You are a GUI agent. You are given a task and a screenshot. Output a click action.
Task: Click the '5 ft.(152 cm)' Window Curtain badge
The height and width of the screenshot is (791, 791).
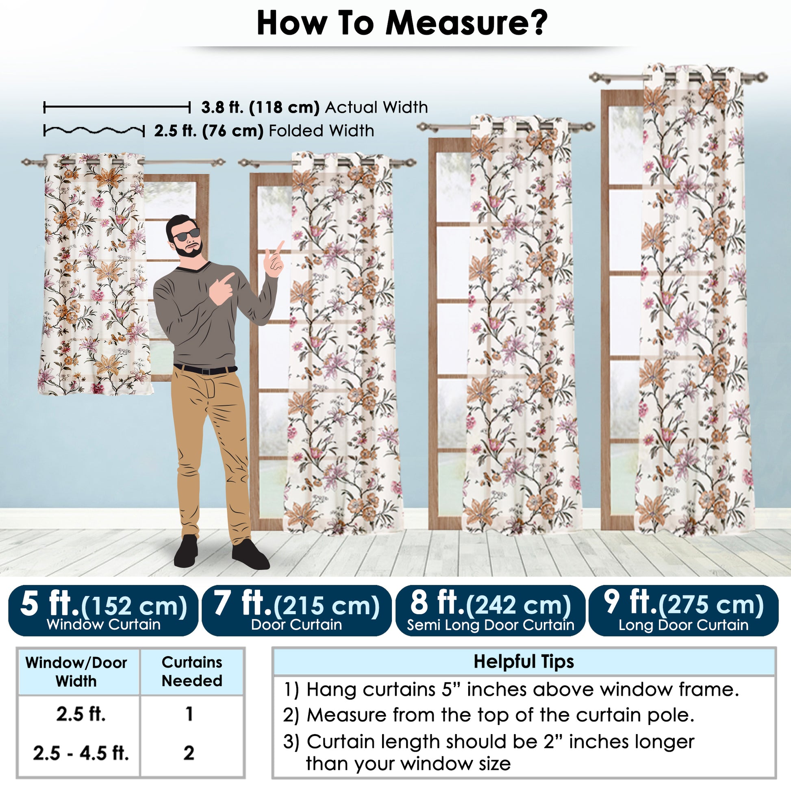pyautogui.click(x=103, y=611)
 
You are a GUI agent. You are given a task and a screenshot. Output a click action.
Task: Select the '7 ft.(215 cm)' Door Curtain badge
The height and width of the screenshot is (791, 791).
pyautogui.click(x=296, y=611)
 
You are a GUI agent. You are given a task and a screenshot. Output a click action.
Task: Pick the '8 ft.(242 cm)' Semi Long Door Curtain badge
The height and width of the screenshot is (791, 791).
pyautogui.click(x=490, y=611)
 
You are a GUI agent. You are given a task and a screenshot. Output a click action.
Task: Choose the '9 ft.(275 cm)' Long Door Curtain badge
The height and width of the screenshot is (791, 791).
pyautogui.click(x=683, y=611)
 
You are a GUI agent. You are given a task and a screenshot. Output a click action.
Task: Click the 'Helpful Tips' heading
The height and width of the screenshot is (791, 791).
pyautogui.click(x=524, y=661)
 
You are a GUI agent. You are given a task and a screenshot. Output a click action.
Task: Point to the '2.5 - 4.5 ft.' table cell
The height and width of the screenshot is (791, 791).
pyautogui.click(x=80, y=753)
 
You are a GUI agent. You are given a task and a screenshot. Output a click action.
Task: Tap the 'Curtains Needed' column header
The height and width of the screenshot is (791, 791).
pyautogui.click(x=192, y=671)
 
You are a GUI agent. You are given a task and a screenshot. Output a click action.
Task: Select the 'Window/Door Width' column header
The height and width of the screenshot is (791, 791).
pyautogui.click(x=76, y=672)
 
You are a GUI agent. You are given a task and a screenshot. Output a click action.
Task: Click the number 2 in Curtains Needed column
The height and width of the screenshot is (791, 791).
pyautogui.click(x=189, y=753)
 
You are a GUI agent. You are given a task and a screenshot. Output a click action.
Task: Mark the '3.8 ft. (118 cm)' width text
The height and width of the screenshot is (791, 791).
pyautogui.click(x=261, y=107)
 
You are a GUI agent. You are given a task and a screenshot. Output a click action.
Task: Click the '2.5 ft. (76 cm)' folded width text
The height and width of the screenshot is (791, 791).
pyautogui.click(x=209, y=131)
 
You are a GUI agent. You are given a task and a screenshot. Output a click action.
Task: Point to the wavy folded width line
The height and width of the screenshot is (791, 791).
pyautogui.click(x=94, y=131)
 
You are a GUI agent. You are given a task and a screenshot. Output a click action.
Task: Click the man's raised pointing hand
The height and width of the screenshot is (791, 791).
pyautogui.click(x=274, y=261)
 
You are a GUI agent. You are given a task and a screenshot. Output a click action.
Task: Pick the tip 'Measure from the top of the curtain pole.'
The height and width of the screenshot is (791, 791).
pyautogui.click(x=489, y=715)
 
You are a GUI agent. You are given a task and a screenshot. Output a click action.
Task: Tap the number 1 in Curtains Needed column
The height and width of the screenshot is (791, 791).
pyautogui.click(x=189, y=714)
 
